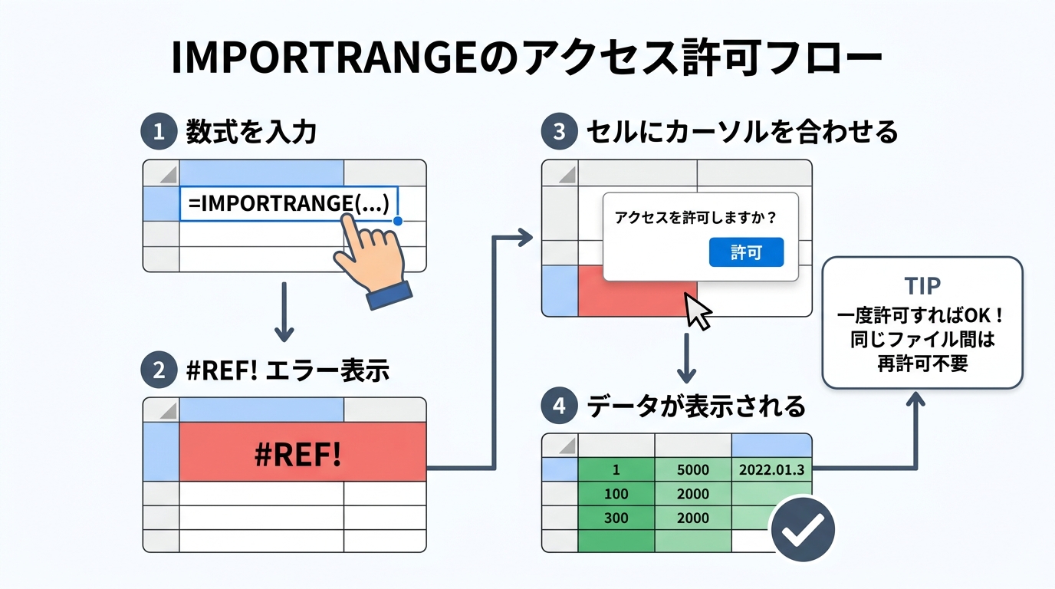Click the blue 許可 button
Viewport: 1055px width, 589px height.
point(746,252)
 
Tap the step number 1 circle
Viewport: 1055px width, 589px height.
point(159,132)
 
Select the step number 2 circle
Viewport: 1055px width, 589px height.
point(159,371)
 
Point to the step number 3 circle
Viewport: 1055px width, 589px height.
point(559,132)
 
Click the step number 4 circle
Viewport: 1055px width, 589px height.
point(559,406)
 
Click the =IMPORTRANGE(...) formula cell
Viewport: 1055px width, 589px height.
point(289,203)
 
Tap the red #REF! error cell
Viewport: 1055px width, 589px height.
point(302,452)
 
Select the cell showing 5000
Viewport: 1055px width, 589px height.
point(693,469)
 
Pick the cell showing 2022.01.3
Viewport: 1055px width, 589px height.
point(771,469)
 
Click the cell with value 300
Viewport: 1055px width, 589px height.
point(616,518)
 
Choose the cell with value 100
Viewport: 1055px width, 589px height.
point(616,493)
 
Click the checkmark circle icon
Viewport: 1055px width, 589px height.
point(801,528)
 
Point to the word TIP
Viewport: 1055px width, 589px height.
point(922,286)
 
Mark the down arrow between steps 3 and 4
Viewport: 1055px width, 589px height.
point(688,357)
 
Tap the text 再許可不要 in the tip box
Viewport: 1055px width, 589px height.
point(922,363)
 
